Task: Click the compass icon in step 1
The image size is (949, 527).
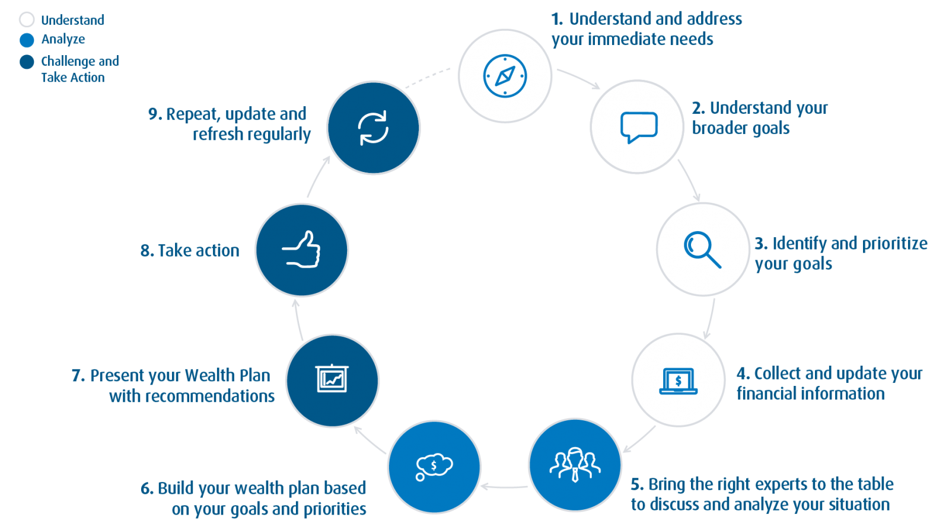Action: [505, 76]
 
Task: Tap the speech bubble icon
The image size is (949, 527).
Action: [638, 127]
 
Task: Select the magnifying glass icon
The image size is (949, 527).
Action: [702, 250]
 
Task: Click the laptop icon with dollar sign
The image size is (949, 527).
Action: [679, 381]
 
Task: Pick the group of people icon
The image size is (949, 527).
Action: [575, 464]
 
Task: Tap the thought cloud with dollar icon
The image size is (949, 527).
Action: [434, 467]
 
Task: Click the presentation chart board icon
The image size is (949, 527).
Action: [332, 379]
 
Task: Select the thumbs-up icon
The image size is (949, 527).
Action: [301, 250]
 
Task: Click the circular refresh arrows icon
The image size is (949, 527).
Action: [374, 127]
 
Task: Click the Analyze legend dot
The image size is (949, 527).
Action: [27, 40]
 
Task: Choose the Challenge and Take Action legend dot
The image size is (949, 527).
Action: [27, 62]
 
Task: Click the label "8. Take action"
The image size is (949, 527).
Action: [190, 251]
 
